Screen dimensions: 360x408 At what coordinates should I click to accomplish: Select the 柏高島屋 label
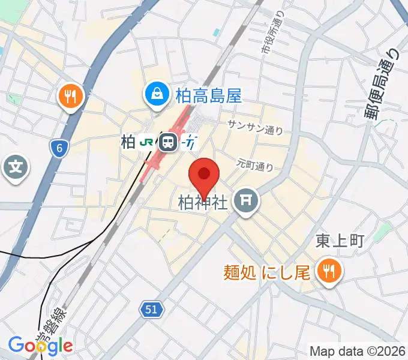pos(208,95)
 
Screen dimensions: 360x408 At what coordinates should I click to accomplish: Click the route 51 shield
pos(152,309)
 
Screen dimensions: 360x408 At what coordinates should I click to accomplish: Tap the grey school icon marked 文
pos(16,166)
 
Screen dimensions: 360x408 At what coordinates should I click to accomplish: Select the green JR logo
pos(146,143)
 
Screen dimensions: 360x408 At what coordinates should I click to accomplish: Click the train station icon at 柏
pos(168,143)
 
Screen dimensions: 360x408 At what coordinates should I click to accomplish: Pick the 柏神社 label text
pos(203,203)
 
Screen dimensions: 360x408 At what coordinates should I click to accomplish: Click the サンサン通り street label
pos(255,127)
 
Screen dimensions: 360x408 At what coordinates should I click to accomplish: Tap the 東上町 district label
pos(340,241)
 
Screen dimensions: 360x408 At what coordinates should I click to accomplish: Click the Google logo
pos(40,345)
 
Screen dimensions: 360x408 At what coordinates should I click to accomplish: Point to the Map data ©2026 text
pos(358,350)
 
